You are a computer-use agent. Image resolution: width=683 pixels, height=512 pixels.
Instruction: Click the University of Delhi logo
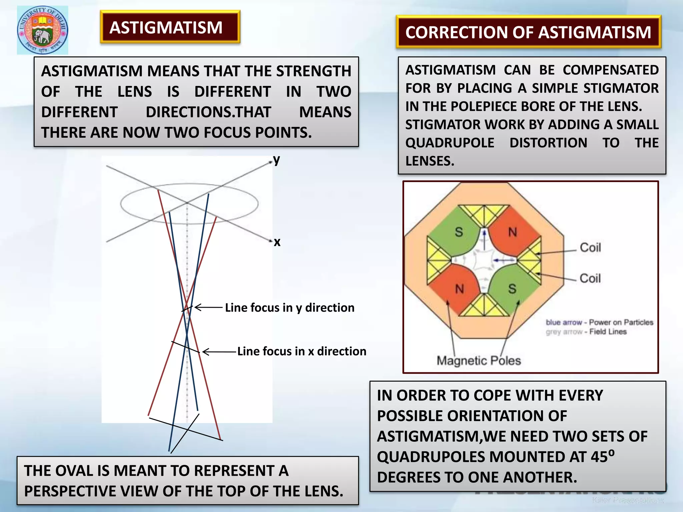click(43, 30)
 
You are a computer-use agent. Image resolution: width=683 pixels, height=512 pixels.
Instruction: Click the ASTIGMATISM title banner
click(170, 27)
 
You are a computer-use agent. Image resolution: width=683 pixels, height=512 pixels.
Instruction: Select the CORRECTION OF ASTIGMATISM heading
click(528, 32)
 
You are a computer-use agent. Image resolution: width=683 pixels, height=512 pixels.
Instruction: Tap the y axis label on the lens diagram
click(276, 160)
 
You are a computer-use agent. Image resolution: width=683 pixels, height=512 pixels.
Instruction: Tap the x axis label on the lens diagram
click(277, 242)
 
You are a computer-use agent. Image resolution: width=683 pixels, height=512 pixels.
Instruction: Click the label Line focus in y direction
click(289, 307)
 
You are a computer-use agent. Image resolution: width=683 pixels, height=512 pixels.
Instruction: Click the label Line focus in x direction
click(301, 351)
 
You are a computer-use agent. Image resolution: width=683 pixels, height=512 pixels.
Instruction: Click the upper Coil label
click(590, 248)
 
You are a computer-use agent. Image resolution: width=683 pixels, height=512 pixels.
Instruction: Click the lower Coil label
click(590, 278)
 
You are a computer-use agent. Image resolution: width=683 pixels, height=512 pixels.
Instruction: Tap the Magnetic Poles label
click(479, 361)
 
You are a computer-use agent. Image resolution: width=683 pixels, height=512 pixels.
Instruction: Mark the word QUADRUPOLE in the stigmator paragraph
click(450, 143)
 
